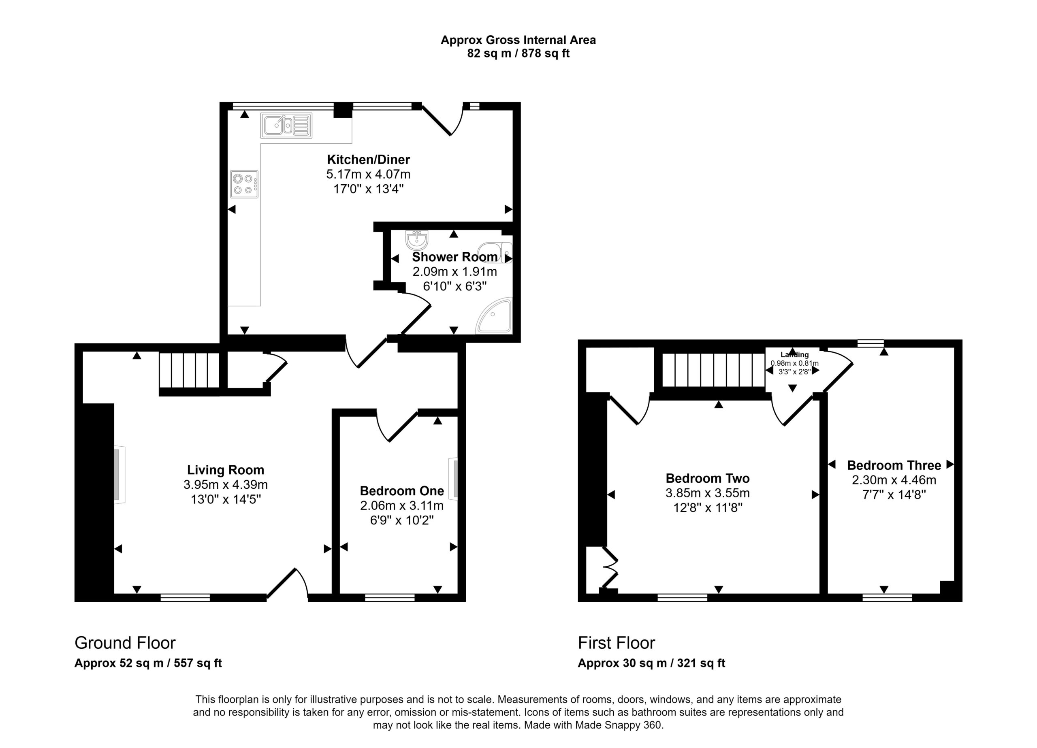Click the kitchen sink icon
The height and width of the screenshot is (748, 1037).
286,125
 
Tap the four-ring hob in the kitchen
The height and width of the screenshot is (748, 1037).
244,184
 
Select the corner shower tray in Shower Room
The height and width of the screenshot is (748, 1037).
494,315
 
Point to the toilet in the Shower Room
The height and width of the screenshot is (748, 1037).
495,253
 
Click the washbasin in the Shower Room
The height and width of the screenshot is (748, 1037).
416,240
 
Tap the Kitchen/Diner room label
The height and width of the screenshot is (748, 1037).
368,160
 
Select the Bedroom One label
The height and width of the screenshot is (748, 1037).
402,490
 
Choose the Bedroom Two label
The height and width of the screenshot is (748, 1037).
707,478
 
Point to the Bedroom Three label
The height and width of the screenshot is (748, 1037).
894,465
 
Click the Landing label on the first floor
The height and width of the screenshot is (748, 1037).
795,354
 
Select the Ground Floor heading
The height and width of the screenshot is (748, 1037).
125,642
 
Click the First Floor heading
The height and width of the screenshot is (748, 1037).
617,642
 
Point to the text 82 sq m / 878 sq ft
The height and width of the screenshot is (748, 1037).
518,53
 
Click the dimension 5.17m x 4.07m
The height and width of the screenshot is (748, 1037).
368,174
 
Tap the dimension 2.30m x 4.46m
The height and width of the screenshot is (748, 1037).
894,480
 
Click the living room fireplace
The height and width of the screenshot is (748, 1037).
119,475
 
